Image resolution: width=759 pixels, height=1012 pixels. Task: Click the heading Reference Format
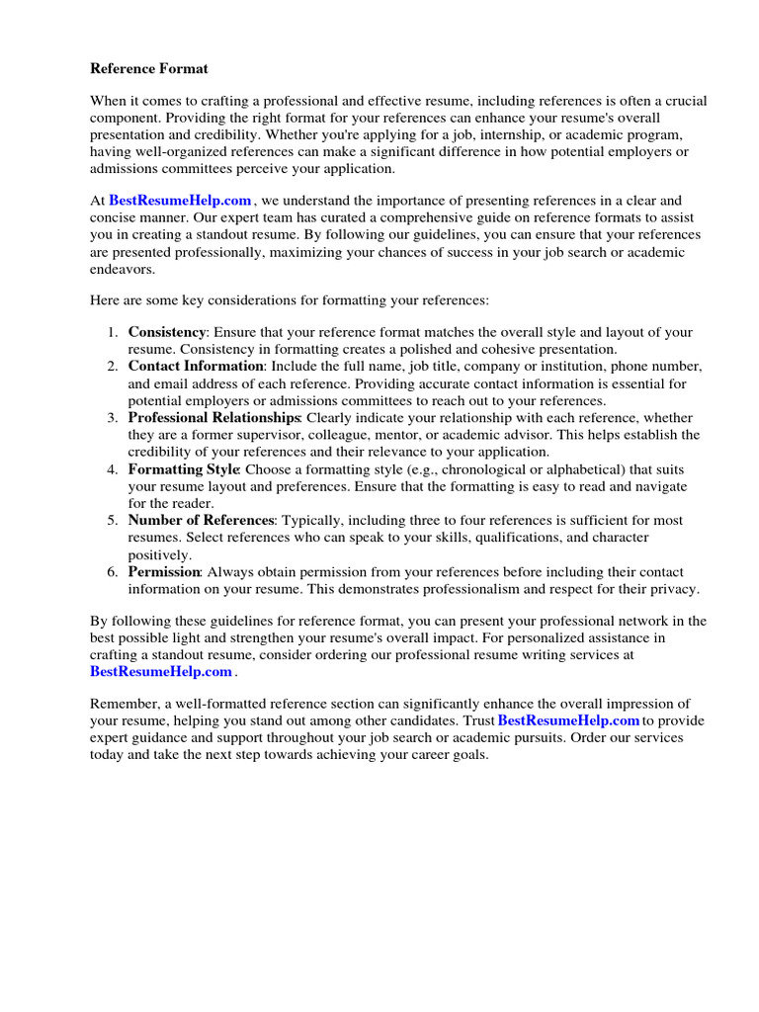pyautogui.click(x=149, y=68)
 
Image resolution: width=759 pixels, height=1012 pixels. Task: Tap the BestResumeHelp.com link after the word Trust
pyautogui.click(x=568, y=720)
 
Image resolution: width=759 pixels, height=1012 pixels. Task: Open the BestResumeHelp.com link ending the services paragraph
pyautogui.click(x=161, y=671)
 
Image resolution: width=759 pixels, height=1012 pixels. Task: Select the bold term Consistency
pyautogui.click(x=167, y=332)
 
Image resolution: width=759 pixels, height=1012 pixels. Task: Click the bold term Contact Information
pyautogui.click(x=196, y=366)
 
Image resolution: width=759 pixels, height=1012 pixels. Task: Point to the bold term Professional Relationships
pyautogui.click(x=213, y=418)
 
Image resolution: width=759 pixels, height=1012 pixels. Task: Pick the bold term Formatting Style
pyautogui.click(x=184, y=468)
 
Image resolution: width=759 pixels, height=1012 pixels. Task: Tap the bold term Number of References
pyautogui.click(x=201, y=520)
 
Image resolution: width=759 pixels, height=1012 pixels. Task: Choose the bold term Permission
pyautogui.click(x=164, y=572)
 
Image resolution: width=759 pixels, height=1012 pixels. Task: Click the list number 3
pyautogui.click(x=113, y=418)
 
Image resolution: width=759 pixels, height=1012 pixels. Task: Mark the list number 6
pyautogui.click(x=113, y=572)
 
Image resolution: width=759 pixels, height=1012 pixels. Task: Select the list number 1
pyautogui.click(x=113, y=332)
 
